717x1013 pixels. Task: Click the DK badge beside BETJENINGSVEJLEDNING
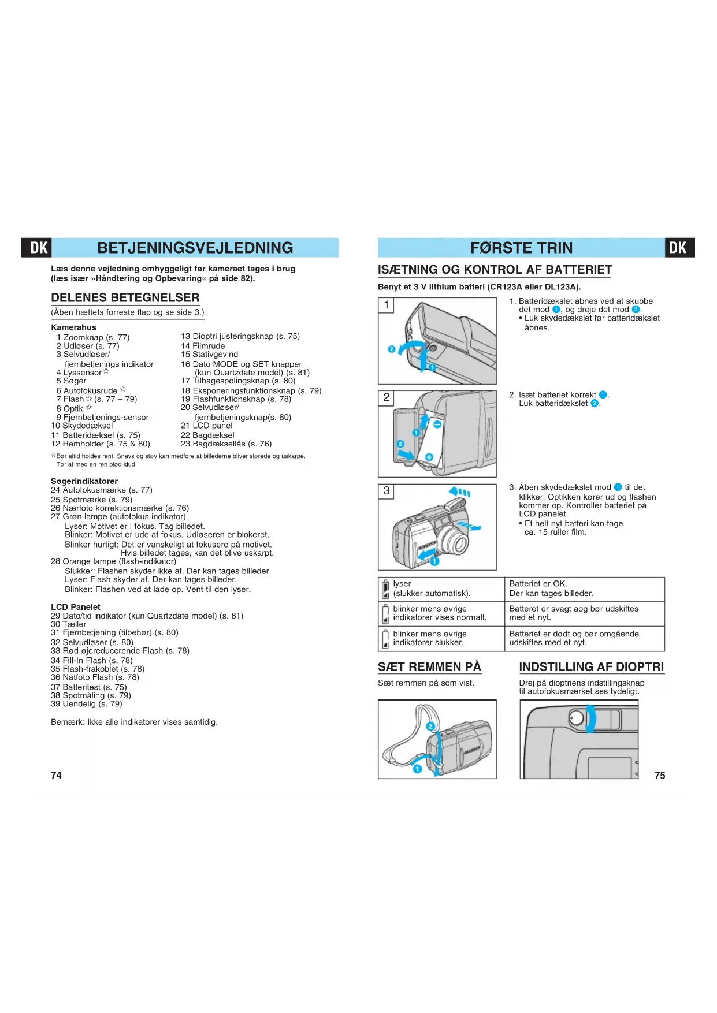point(38,248)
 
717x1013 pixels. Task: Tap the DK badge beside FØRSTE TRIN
point(678,248)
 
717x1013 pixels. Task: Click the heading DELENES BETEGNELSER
point(125,298)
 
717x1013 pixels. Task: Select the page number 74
point(56,775)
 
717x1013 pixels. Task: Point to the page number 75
point(659,775)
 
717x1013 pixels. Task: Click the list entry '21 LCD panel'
point(207,426)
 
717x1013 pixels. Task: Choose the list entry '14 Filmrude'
point(203,346)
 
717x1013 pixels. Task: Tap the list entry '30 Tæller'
point(69,624)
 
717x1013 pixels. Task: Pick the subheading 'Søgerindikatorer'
point(84,481)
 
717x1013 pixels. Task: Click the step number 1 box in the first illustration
point(387,305)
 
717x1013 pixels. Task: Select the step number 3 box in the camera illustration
point(387,491)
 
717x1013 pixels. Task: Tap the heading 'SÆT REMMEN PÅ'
point(429,666)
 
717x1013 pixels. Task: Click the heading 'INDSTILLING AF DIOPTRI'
point(591,666)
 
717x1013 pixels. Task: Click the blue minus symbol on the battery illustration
point(437,424)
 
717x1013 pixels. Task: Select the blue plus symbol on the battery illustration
point(429,457)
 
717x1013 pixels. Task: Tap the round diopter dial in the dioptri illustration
point(576,718)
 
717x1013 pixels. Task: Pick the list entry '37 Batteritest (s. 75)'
point(89,687)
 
